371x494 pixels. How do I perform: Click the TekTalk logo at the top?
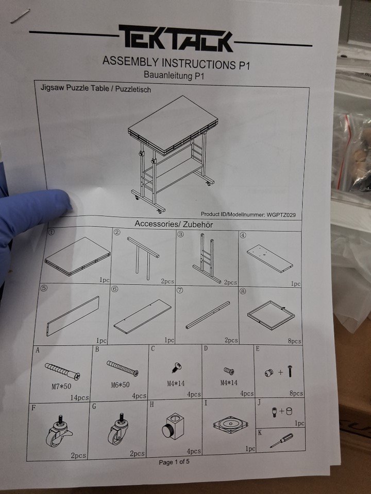(x=176, y=38)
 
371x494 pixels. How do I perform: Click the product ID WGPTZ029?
(x=281, y=215)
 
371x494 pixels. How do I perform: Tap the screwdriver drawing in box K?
(x=281, y=440)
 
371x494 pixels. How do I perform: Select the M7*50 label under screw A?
(x=61, y=386)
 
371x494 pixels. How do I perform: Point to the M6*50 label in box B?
(x=120, y=385)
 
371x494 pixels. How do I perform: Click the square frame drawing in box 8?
(x=271, y=315)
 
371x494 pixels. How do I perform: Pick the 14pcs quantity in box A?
(x=79, y=398)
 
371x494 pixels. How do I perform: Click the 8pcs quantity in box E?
(x=296, y=393)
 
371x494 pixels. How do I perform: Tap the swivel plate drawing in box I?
(x=230, y=425)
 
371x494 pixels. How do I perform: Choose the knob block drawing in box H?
(x=174, y=426)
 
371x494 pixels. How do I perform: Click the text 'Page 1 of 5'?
(x=174, y=462)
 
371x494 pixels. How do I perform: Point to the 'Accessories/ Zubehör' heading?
(x=174, y=224)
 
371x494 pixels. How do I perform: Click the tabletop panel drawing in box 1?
(x=78, y=256)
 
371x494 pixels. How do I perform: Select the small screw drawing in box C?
(x=177, y=367)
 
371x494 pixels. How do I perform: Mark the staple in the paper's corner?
(x=20, y=16)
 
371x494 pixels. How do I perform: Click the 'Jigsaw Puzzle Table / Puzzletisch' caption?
(x=96, y=88)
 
